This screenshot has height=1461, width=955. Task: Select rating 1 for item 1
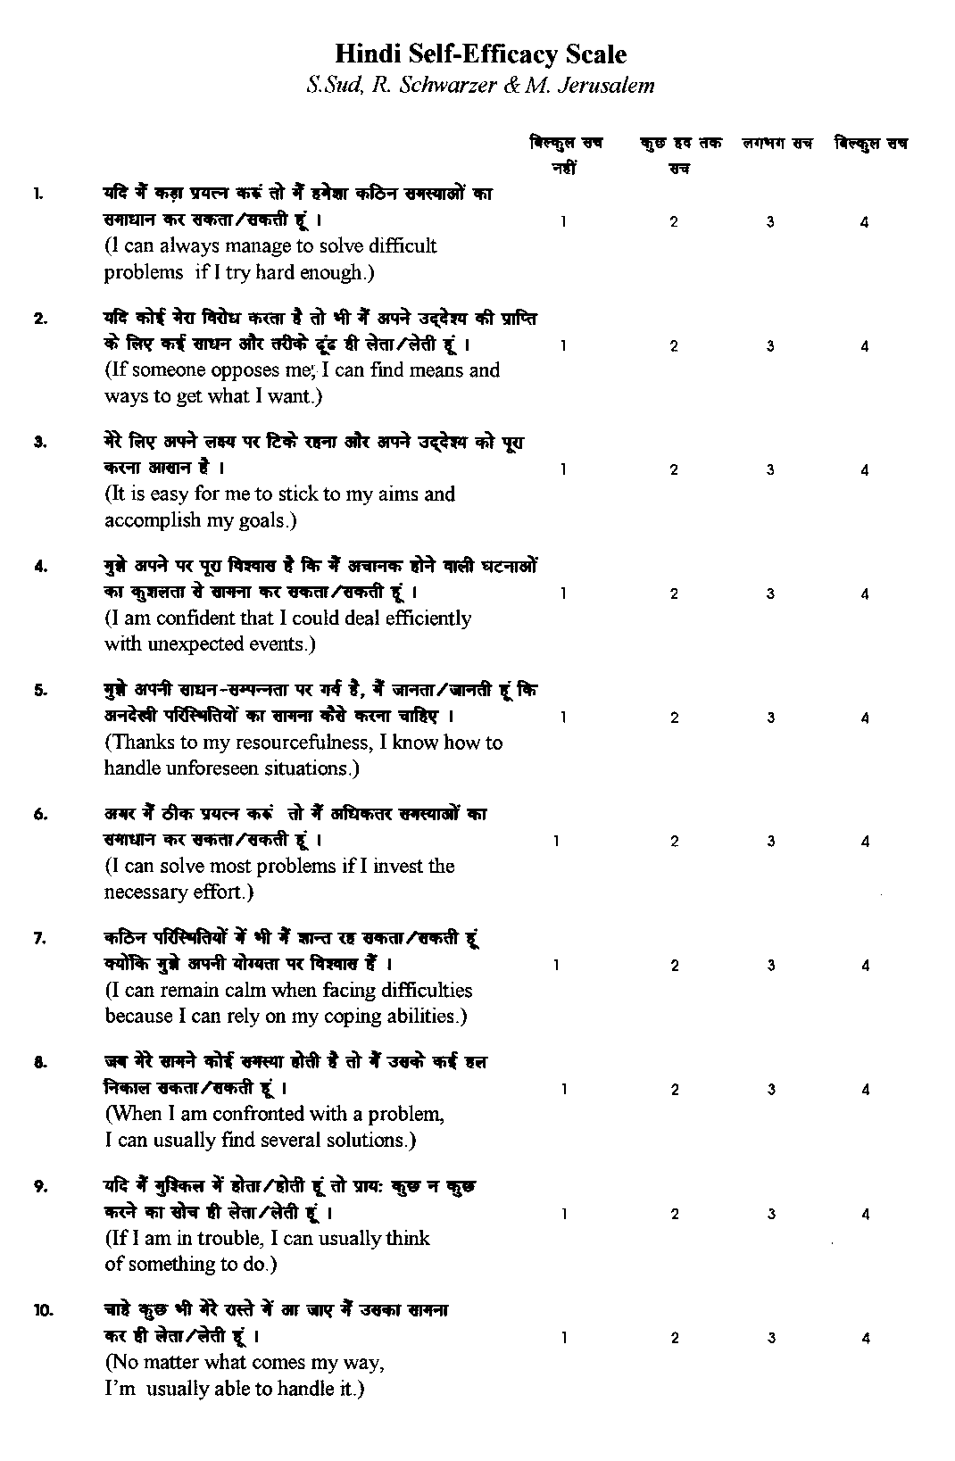coord(563,222)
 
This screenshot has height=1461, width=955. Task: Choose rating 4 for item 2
coord(865,346)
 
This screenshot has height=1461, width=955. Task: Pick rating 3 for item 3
coord(770,470)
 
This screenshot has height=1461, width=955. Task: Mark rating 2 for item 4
coord(675,594)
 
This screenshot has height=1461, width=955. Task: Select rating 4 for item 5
coord(865,718)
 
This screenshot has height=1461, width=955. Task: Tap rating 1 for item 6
coord(556,841)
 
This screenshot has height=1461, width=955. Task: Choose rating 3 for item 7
coord(770,966)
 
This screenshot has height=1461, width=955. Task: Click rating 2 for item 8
coord(675,1090)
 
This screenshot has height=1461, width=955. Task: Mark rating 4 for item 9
coord(865,1214)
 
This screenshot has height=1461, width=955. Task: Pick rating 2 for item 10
coord(675,1338)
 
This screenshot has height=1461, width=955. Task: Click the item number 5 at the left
coord(40,690)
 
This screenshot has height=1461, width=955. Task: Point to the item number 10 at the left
coord(44,1310)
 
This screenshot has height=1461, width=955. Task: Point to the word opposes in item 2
coord(245,370)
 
